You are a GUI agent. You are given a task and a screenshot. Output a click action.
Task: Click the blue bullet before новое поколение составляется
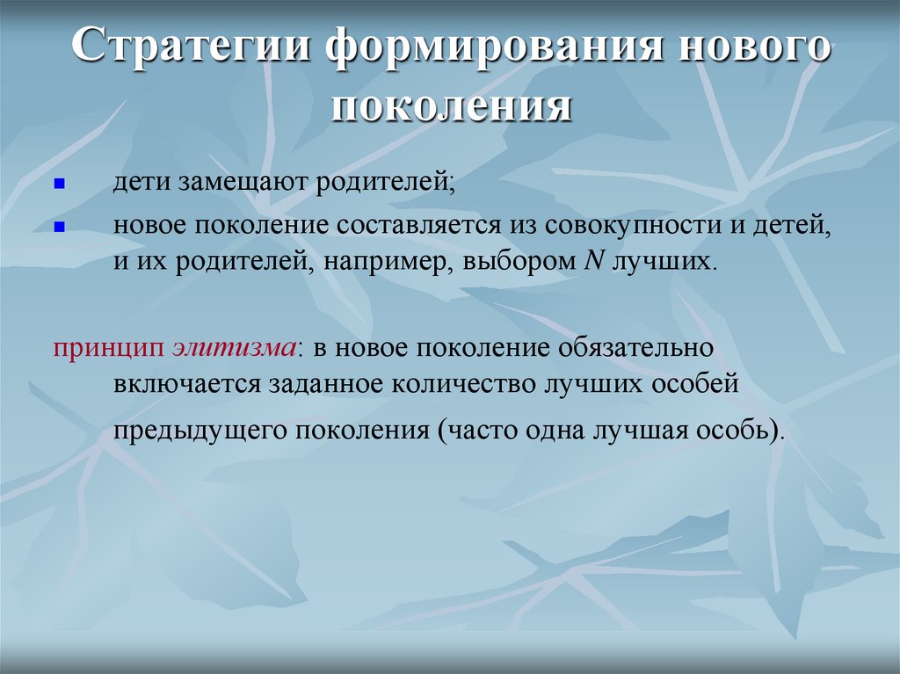(x=60, y=226)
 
